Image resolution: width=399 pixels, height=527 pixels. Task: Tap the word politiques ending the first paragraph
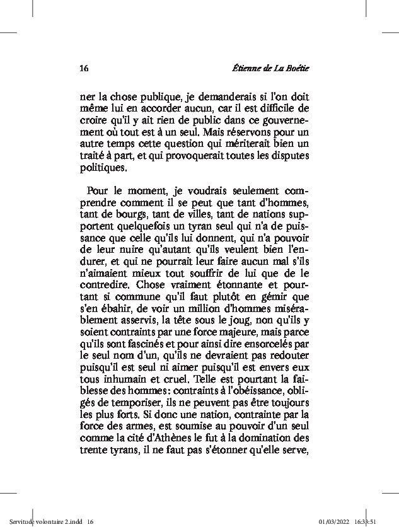103,168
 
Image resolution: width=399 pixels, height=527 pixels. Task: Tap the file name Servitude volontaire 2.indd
42,521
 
